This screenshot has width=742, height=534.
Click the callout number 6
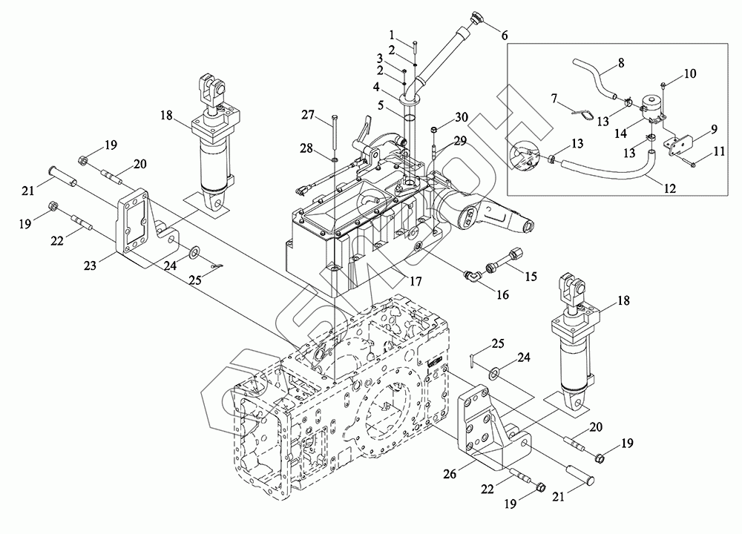[505, 35]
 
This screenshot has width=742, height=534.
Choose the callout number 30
[462, 117]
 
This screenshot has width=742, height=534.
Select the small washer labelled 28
[335, 158]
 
